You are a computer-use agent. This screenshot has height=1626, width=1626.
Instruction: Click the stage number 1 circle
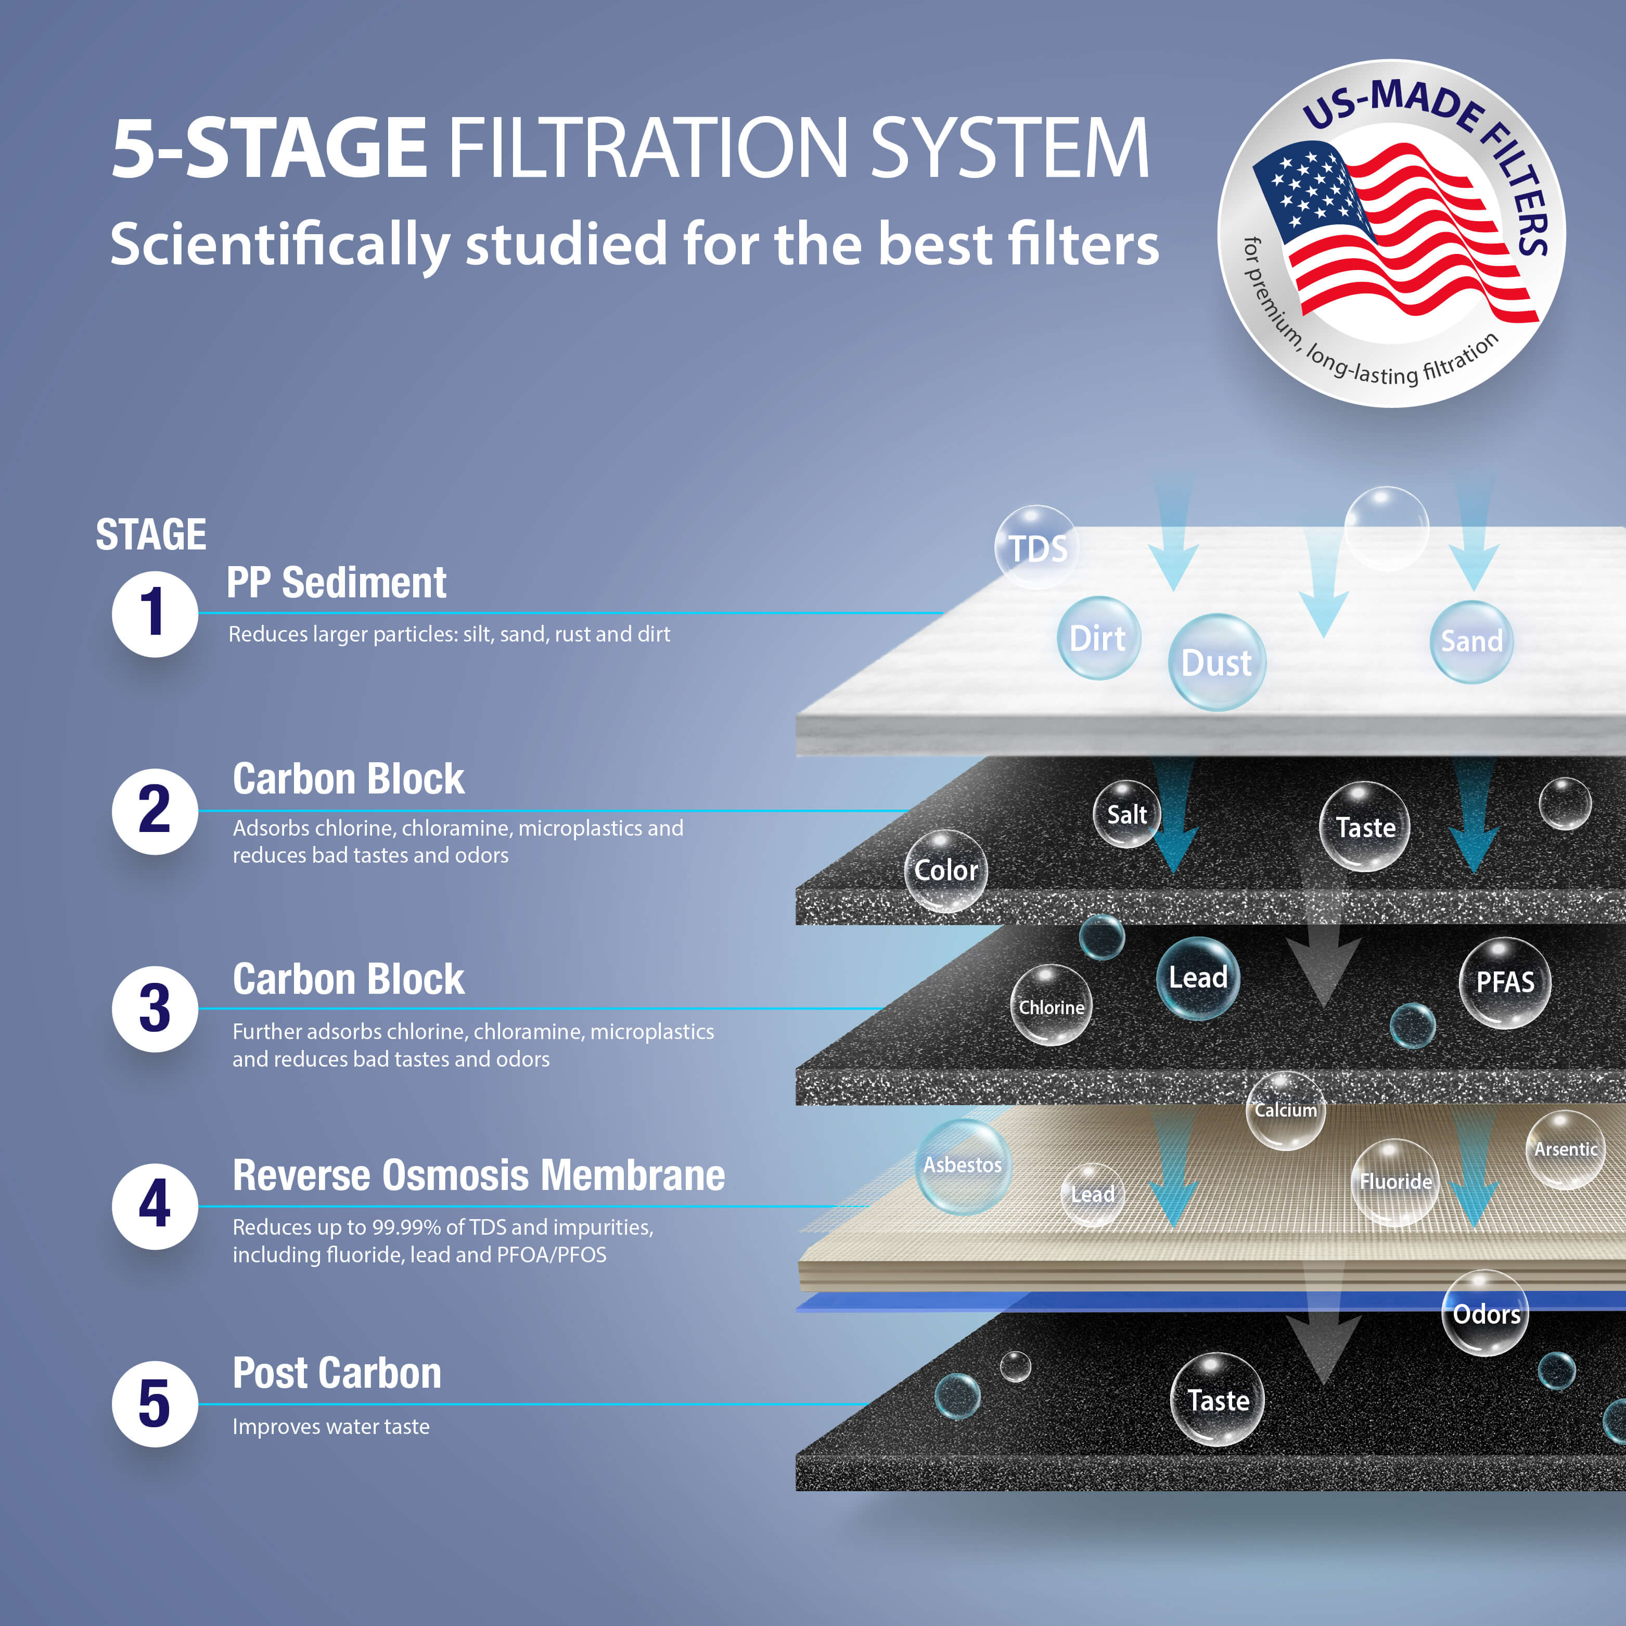point(155,613)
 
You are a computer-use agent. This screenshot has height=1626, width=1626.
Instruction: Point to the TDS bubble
point(1037,548)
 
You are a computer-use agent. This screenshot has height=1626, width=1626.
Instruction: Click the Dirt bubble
point(1097,638)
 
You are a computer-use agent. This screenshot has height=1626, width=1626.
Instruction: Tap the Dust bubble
point(1216,662)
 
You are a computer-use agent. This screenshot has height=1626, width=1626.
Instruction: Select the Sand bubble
point(1471,642)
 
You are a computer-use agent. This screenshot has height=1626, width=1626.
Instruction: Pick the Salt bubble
point(1126,814)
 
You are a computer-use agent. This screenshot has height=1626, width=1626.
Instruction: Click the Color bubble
point(946,870)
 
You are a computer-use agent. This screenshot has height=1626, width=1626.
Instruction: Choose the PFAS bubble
point(1505,982)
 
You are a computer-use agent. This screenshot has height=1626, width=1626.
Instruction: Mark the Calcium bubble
point(1285,1110)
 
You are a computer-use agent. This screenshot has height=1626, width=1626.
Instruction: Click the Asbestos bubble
point(963,1166)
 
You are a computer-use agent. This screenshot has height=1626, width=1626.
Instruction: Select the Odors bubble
point(1486,1314)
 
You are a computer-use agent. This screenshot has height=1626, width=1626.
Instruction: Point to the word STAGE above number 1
point(151,534)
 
